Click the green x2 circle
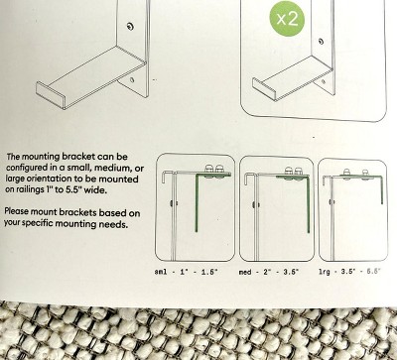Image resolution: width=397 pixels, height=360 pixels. tap(287, 19)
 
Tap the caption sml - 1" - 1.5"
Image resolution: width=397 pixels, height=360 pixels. tap(187, 272)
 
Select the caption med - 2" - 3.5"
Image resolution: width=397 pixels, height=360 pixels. tap(269, 272)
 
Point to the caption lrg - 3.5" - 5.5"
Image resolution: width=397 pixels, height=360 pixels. tap(349, 272)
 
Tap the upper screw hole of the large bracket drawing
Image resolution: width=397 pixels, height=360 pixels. tap(130, 27)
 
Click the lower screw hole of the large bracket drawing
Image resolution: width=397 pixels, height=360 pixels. tap(132, 79)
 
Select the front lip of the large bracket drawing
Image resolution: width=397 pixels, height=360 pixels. tap(50, 95)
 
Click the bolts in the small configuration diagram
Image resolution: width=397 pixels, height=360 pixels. tap(214, 170)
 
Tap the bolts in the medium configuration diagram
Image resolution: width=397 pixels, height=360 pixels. tap(294, 172)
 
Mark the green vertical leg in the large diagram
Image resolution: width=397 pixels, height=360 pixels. tap(382, 190)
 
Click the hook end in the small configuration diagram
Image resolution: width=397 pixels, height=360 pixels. tap(167, 176)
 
